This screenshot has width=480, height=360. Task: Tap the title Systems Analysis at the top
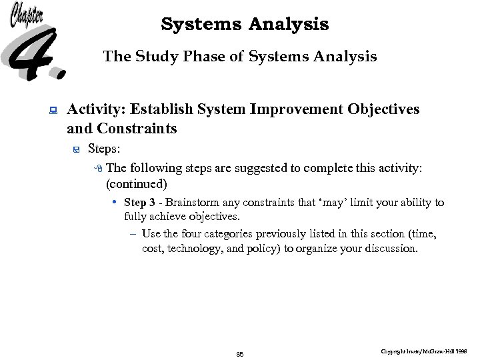point(245,25)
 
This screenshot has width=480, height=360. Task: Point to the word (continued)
point(136,183)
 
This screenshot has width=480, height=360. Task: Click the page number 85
point(240,355)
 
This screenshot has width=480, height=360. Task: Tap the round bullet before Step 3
point(115,202)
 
